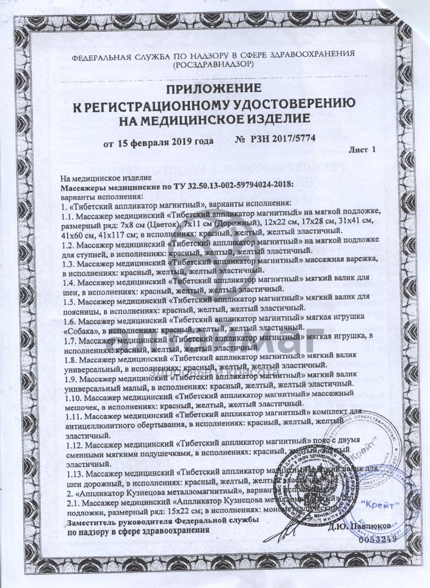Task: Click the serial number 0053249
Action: click(377, 538)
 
